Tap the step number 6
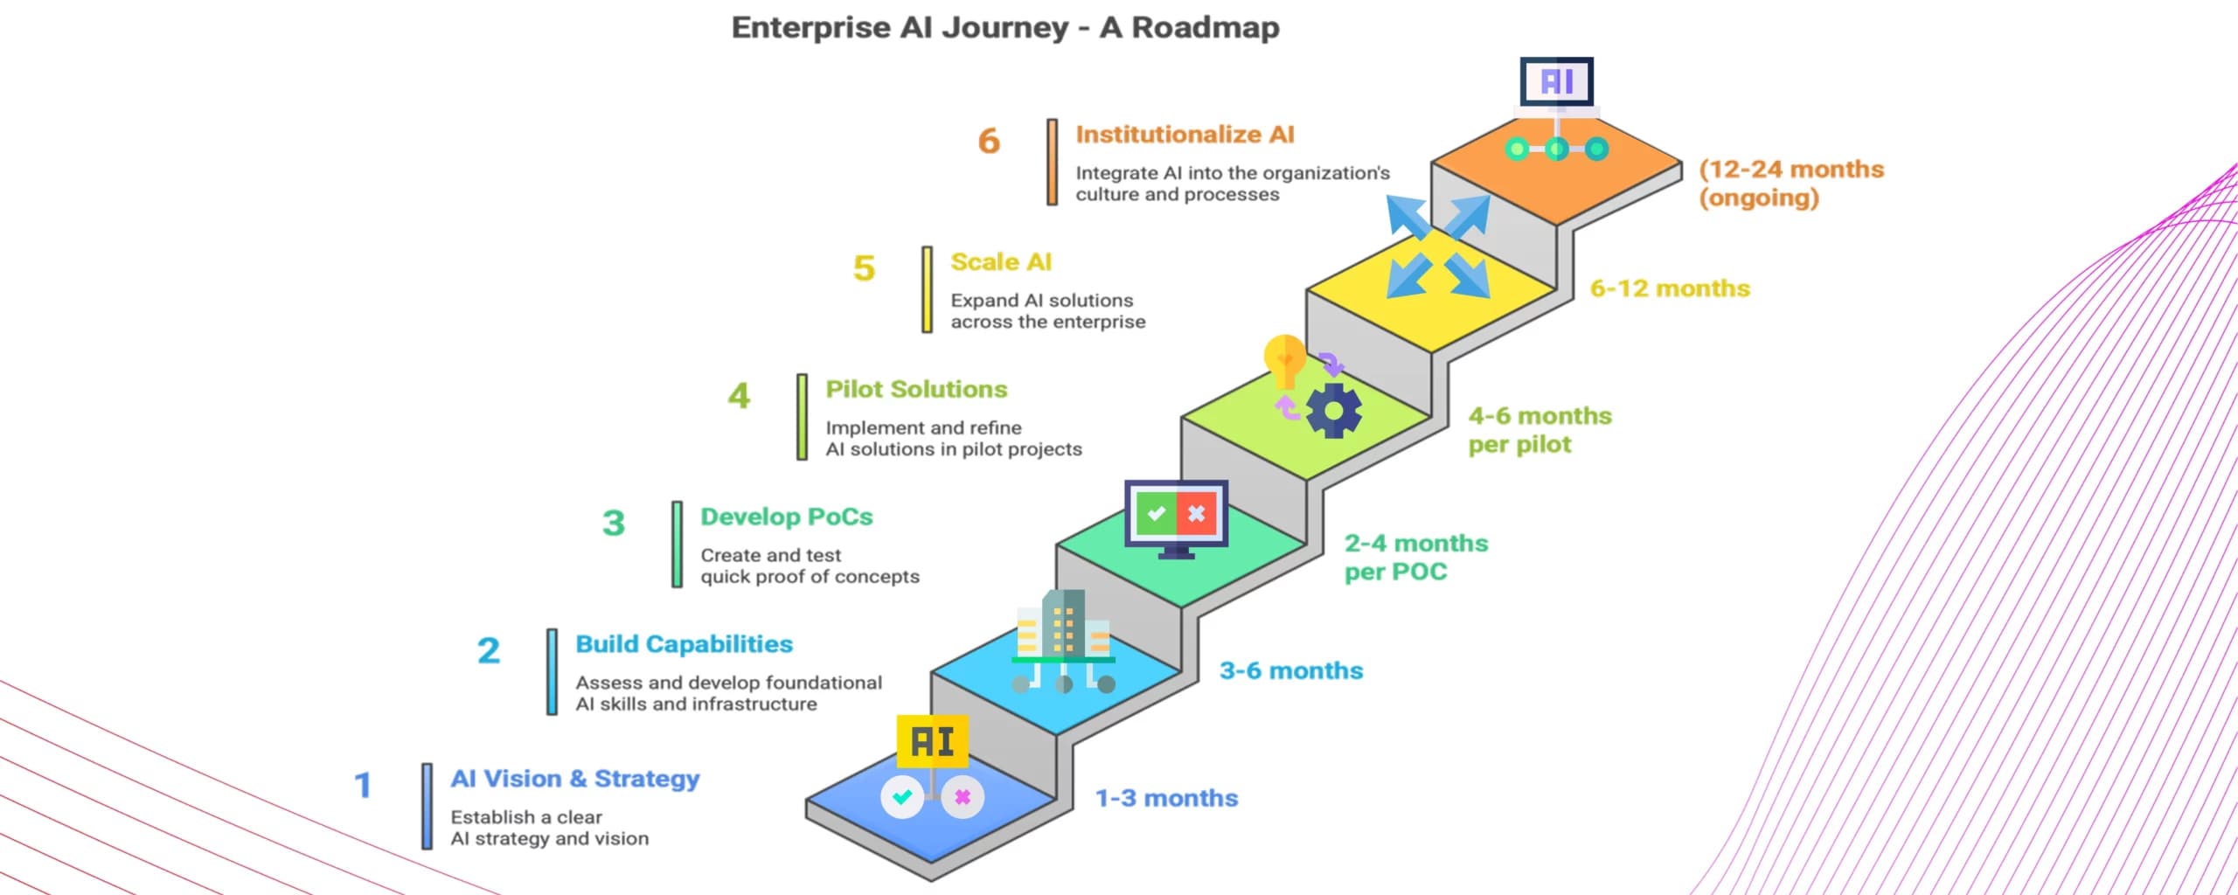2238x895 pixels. coord(989,141)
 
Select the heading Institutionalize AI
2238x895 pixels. coord(1185,135)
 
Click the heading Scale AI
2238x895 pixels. coord(1001,262)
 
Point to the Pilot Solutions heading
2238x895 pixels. coord(916,389)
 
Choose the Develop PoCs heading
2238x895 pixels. coord(786,517)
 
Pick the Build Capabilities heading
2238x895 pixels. coord(684,644)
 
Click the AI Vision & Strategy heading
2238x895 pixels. coord(574,779)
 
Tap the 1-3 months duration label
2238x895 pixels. coord(1166,798)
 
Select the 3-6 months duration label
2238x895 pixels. coord(1291,670)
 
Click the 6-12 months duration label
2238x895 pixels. coord(1669,288)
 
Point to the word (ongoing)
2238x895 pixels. coord(1759,198)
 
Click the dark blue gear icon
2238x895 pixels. coord(1333,411)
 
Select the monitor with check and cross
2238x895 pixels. coord(1176,516)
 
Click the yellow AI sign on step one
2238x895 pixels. coord(932,741)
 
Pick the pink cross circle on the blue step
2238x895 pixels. coord(963,796)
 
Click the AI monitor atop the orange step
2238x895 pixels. coord(1556,82)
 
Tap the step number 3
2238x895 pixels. coord(614,524)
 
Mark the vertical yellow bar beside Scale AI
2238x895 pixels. coord(927,289)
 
